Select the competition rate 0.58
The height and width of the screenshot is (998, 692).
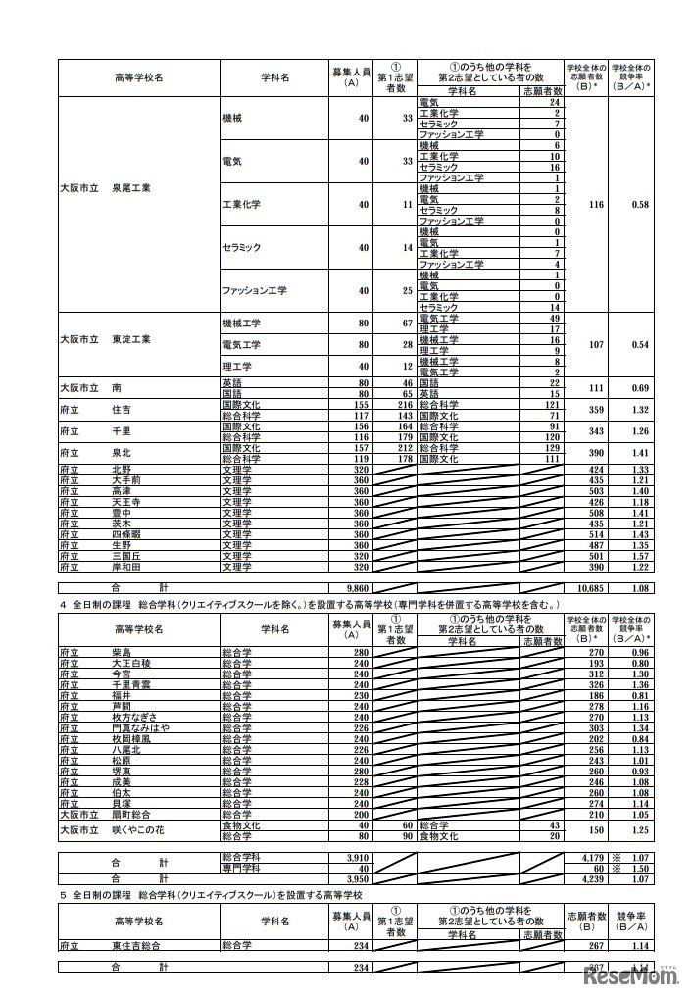click(641, 205)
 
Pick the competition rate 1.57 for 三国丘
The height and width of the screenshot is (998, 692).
click(641, 556)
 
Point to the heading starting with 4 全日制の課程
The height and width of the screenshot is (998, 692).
click(323, 604)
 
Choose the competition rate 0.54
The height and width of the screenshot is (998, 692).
click(641, 345)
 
